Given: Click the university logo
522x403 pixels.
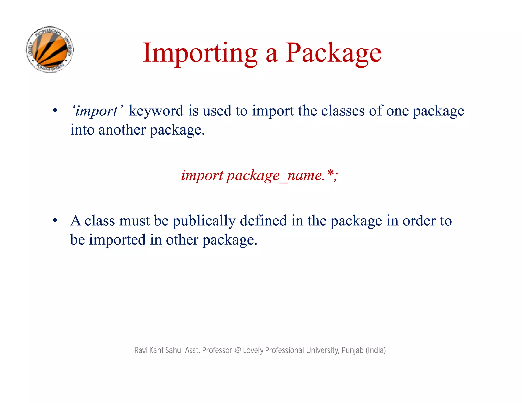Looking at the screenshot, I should [50, 49].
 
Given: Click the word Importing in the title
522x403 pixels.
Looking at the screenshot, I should [200, 53].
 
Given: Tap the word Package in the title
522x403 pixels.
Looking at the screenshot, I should [333, 53].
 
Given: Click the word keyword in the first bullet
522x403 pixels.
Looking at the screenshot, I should [156, 111].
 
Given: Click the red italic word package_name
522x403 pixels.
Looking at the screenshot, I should [275, 176].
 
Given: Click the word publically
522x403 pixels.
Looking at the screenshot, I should [204, 221].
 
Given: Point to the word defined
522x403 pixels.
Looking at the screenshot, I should [263, 221].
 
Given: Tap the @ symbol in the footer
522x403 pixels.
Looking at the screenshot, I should [237, 350].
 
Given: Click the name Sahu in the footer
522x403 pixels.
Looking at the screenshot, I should [173, 350].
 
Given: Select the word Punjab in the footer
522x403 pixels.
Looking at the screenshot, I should [352, 350].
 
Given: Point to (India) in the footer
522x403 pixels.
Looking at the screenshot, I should [376, 350].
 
